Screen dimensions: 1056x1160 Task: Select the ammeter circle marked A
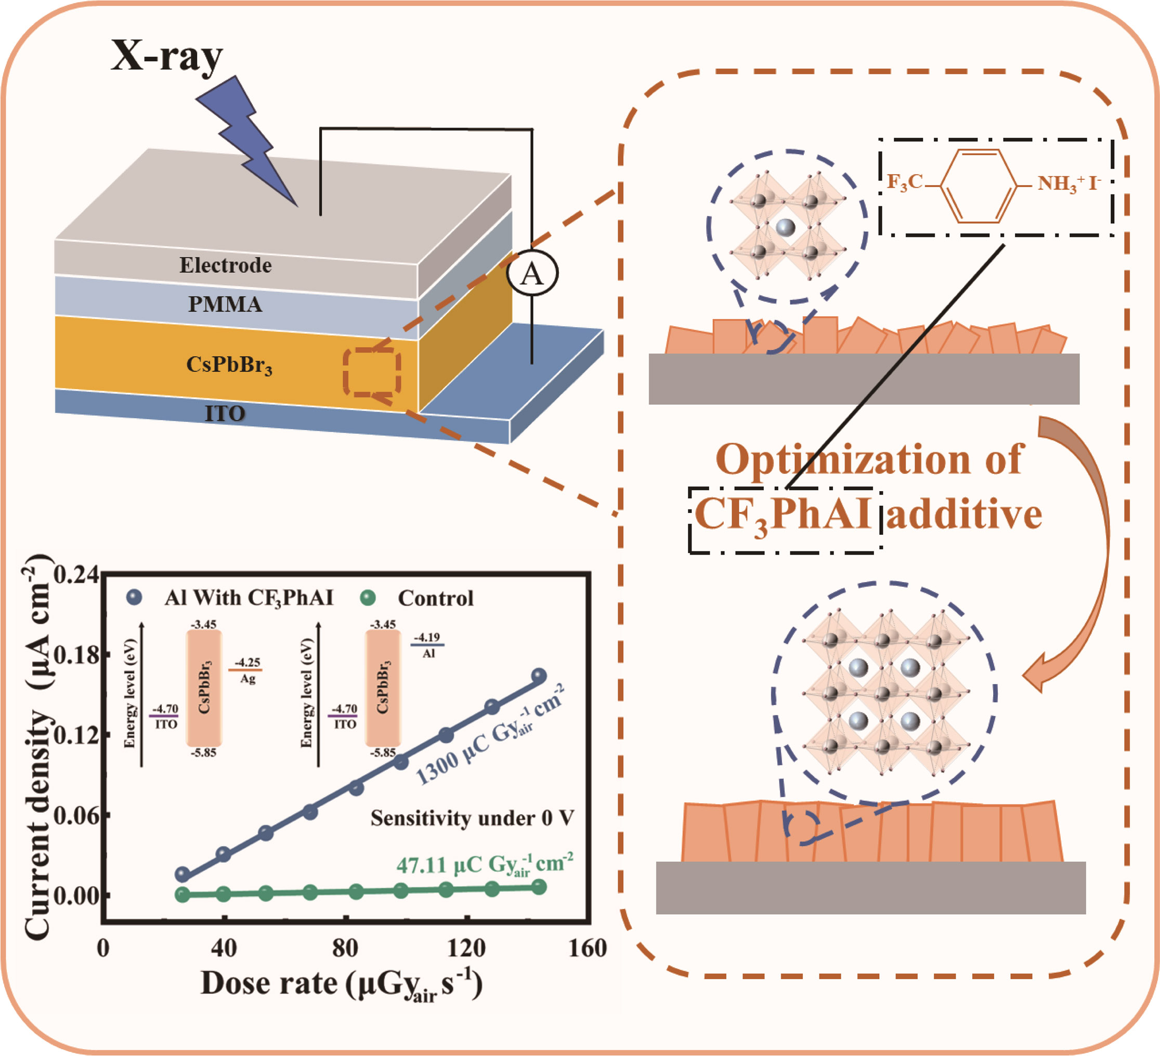point(532,273)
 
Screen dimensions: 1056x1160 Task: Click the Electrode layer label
point(225,265)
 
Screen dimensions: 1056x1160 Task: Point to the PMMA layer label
point(225,304)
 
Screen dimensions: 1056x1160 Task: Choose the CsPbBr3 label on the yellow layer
point(228,365)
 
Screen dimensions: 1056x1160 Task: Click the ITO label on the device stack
point(225,414)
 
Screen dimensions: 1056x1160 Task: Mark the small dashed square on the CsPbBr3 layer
point(372,372)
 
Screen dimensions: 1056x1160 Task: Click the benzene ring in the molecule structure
point(979,186)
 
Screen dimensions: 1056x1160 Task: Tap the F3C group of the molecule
point(905,182)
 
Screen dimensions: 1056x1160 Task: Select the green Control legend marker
point(368,598)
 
